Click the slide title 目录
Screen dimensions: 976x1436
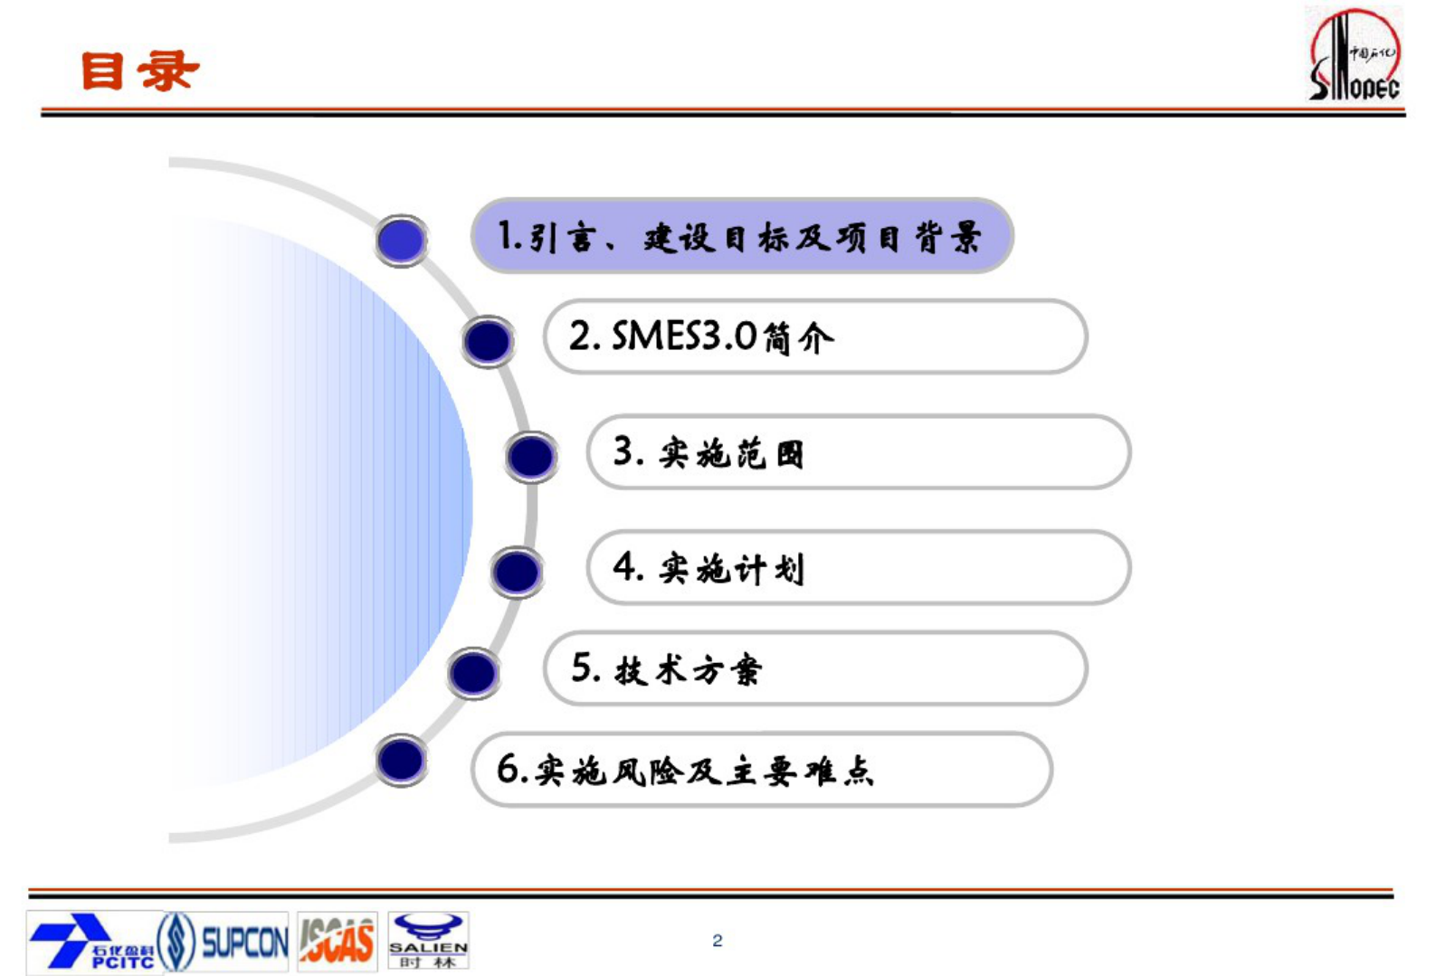[x=139, y=71]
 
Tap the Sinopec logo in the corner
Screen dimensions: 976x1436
[x=1355, y=54]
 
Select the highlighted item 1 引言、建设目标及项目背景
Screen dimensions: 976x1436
[x=741, y=236]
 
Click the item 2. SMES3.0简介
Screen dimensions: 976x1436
[x=814, y=336]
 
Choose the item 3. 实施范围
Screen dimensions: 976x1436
[x=858, y=452]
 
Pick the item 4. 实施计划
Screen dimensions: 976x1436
[x=858, y=568]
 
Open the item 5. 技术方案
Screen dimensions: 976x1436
[x=814, y=669]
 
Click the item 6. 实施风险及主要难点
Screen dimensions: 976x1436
[x=760, y=770]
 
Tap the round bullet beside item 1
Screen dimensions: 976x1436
[x=401, y=240]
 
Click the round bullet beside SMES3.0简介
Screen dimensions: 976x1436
[x=488, y=341]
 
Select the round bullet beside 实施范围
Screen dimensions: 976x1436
[x=531, y=457]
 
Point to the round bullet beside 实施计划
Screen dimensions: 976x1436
[x=517, y=572]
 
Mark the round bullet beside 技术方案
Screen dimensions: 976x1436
[x=473, y=673]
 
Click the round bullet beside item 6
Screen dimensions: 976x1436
[x=401, y=760]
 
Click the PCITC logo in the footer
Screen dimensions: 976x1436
[x=90, y=942]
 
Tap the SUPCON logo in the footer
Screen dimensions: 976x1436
[x=223, y=942]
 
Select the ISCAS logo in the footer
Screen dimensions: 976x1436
[x=337, y=942]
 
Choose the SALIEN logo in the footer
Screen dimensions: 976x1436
[x=428, y=942]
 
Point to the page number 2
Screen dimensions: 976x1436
[x=718, y=941]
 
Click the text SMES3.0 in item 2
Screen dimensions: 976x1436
[x=684, y=336]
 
